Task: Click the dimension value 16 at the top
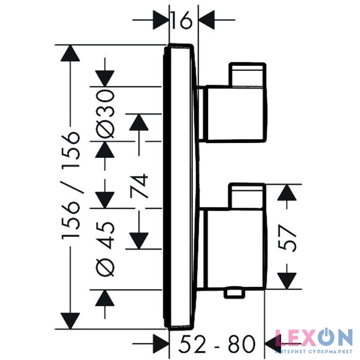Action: [182, 20]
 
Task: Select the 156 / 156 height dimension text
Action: [71, 185]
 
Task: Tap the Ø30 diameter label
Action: [105, 114]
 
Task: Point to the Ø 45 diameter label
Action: [105, 248]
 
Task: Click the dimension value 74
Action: [139, 186]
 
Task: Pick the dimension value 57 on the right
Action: [287, 238]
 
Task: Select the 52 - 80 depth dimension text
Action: [217, 344]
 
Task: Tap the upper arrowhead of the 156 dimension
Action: [70, 53]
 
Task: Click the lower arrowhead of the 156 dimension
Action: [70, 321]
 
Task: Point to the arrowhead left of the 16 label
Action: [161, 20]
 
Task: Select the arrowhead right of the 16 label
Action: [207, 20]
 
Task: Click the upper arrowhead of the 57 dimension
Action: [287, 193]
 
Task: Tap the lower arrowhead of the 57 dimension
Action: [287, 281]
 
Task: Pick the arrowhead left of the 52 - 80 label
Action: [161, 344]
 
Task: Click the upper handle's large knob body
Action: [236, 114]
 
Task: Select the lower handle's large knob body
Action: [236, 249]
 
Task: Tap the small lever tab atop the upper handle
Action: [247, 75]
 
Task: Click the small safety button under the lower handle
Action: [235, 294]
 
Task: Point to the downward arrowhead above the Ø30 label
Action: [105, 79]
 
